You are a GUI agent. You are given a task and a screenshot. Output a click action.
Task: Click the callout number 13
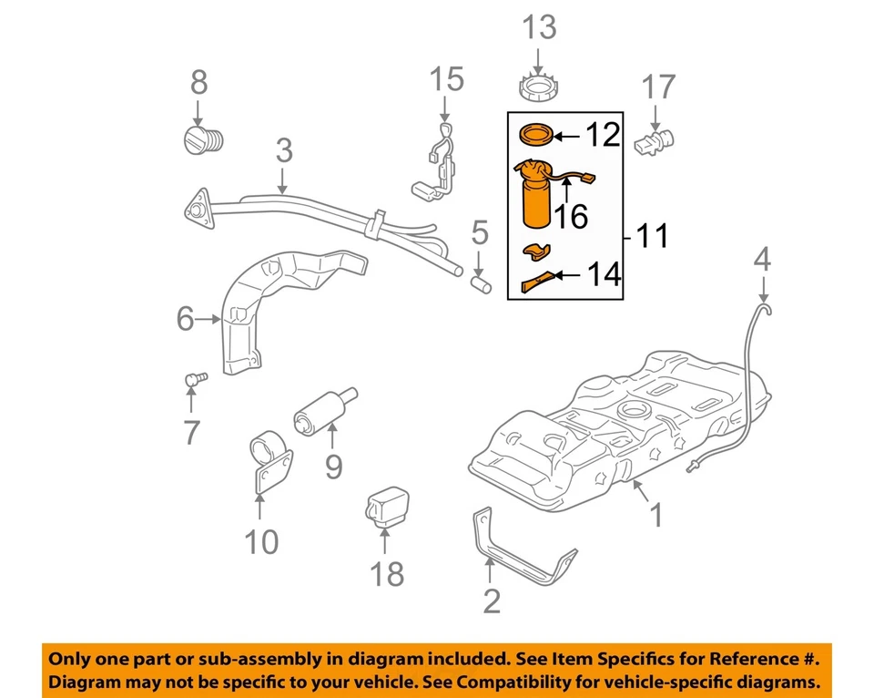pos(538,27)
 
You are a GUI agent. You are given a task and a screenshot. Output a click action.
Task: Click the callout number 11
pos(651,236)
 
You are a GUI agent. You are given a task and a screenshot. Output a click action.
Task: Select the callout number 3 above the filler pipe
pos(283,149)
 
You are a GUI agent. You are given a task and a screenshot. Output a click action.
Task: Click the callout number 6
pos(186,319)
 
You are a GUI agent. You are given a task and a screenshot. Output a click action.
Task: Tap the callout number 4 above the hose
pos(762,261)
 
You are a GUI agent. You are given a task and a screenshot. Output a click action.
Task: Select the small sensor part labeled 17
pos(657,140)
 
